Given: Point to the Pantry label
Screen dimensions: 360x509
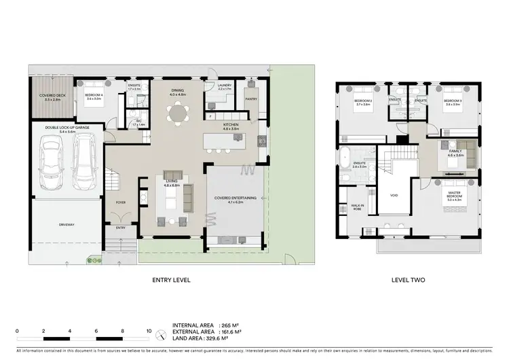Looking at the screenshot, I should coord(251,98).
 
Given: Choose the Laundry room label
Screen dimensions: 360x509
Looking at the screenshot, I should coord(225,86).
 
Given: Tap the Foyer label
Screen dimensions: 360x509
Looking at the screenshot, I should coord(121,202).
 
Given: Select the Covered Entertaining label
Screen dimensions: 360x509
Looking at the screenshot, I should coord(235,198).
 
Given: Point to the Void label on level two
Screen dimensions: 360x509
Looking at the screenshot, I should coord(394,196).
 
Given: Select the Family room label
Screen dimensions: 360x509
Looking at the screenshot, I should coord(455,154).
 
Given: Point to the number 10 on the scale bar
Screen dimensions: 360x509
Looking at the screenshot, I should coord(149,331).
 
